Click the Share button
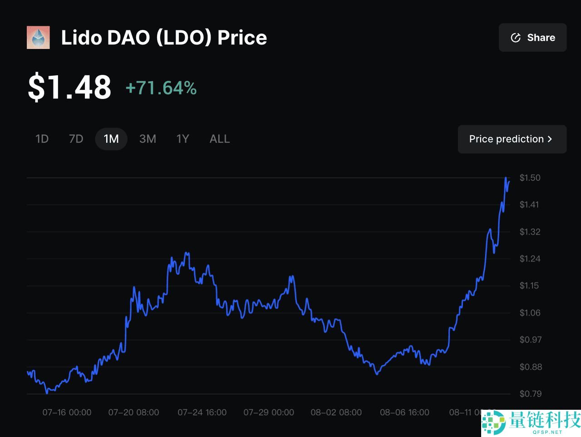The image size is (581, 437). [x=532, y=38]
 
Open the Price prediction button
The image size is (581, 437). [x=512, y=139]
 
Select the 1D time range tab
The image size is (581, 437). [x=42, y=139]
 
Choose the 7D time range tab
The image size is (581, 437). [x=76, y=139]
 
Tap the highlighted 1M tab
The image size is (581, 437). [x=111, y=139]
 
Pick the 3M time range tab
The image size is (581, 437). [x=148, y=139]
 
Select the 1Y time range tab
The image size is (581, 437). [x=182, y=139]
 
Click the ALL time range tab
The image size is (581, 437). [x=220, y=139]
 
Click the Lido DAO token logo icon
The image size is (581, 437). [x=38, y=38]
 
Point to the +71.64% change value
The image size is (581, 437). [x=161, y=88]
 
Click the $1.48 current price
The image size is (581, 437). [x=69, y=87]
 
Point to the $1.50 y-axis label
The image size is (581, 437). [x=530, y=178]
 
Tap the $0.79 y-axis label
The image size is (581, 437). [x=530, y=394]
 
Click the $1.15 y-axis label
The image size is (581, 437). [x=529, y=286]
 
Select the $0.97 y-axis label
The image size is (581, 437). [x=530, y=340]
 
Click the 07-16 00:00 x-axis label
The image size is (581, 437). [x=67, y=412]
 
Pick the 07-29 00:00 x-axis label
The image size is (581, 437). [x=269, y=412]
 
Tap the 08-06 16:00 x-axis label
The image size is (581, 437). [x=404, y=412]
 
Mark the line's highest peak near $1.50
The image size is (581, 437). [x=506, y=178]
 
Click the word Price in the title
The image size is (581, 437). [x=242, y=38]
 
